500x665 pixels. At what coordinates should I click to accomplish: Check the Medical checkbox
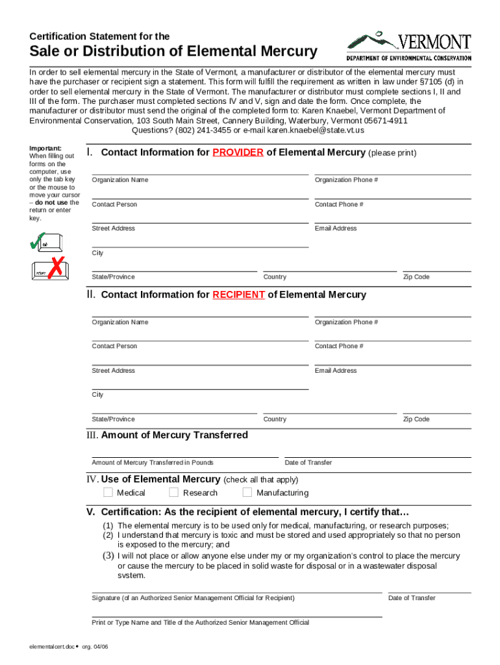pyautogui.click(x=108, y=492)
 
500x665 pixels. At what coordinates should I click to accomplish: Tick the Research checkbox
pyautogui.click(x=174, y=492)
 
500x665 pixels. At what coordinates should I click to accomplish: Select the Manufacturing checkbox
pyautogui.click(x=247, y=492)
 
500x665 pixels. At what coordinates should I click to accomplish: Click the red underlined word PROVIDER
pyautogui.click(x=238, y=153)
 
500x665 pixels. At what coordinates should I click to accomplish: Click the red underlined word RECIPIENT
pyautogui.click(x=238, y=295)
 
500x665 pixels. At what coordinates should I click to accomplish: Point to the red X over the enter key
pyautogui.click(x=58, y=266)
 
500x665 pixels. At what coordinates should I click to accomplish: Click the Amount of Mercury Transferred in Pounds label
pyautogui.click(x=153, y=463)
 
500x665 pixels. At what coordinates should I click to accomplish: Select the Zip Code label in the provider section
pyautogui.click(x=416, y=277)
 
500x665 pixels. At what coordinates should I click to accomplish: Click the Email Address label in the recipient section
pyautogui.click(x=336, y=371)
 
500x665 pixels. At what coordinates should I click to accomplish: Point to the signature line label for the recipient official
pyautogui.click(x=193, y=598)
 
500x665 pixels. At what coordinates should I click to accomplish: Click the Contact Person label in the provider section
pyautogui.click(x=114, y=205)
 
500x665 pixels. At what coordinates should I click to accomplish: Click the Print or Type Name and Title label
pyautogui.click(x=201, y=623)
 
